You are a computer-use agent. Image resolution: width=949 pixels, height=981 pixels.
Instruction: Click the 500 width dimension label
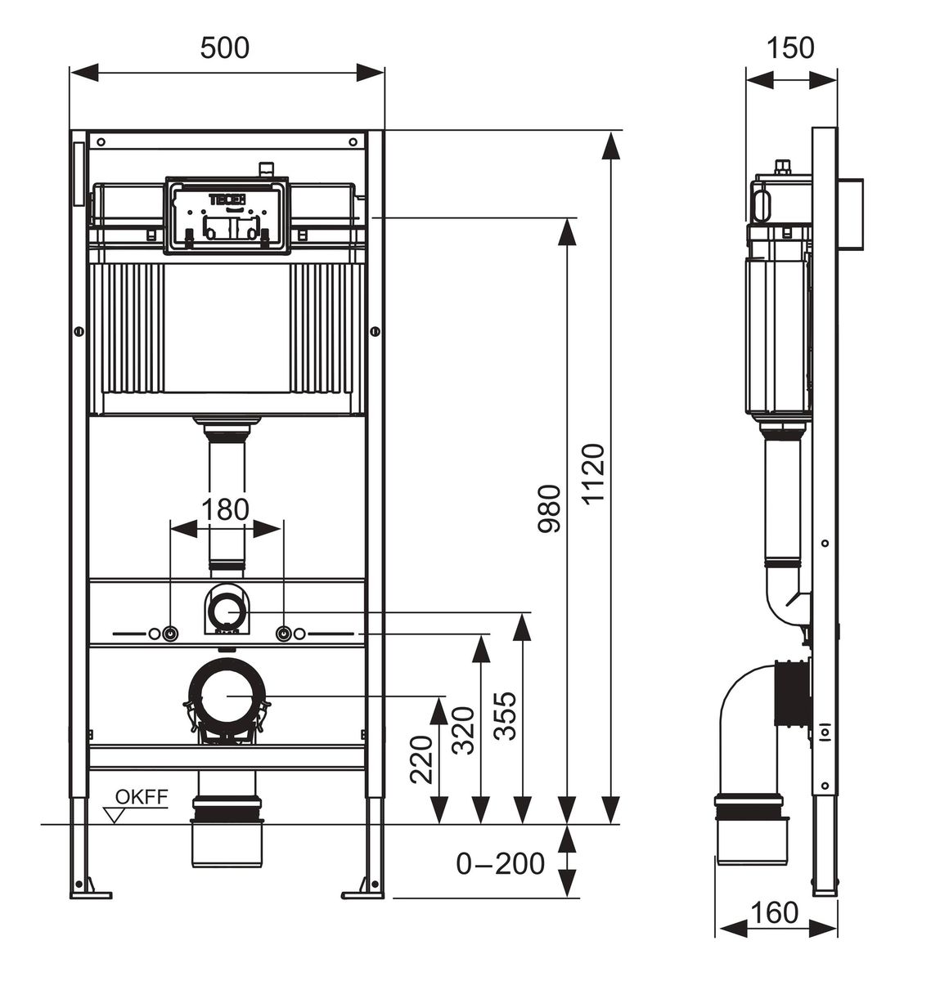[x=224, y=48]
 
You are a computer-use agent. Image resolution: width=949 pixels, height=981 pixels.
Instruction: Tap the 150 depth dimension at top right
[x=790, y=48]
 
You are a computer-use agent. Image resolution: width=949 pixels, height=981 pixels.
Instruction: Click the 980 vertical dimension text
[x=550, y=508]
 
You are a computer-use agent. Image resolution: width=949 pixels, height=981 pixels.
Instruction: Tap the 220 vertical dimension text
[x=421, y=759]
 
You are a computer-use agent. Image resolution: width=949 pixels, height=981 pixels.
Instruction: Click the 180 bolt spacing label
[x=225, y=509]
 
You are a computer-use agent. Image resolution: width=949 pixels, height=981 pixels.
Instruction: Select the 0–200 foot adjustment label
[x=501, y=863]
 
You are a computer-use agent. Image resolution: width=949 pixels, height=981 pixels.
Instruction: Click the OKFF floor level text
[x=142, y=797]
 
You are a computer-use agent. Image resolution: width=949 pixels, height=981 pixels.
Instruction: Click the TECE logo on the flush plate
[x=227, y=199]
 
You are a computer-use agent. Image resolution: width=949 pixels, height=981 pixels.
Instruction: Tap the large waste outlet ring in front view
[x=227, y=696]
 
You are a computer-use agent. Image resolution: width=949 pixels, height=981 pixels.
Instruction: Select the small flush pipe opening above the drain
[x=227, y=611]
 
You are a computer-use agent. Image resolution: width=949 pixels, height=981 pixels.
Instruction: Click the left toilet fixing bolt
[x=170, y=634]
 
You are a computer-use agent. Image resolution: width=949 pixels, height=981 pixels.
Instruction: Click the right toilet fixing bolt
[x=283, y=634]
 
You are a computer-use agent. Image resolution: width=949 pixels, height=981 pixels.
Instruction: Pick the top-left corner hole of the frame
[x=101, y=142]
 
